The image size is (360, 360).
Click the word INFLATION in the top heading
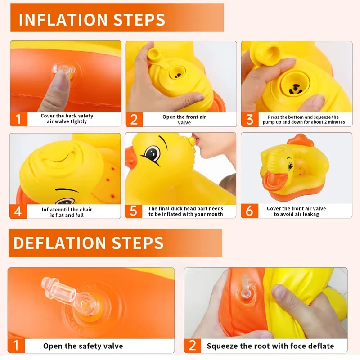coord(63,19)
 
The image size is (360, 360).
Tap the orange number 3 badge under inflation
coord(250,119)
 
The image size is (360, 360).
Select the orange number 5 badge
coord(133,211)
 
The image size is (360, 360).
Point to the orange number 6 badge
coord(250,211)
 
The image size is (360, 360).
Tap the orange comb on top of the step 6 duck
coord(300,139)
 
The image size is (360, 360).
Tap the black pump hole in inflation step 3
coord(296,89)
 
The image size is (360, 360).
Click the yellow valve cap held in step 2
coord(154,55)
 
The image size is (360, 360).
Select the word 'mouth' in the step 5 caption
coord(215,214)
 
